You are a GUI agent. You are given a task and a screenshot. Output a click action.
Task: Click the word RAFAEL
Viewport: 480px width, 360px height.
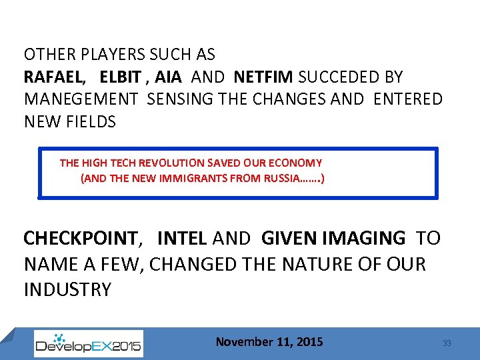click(x=54, y=77)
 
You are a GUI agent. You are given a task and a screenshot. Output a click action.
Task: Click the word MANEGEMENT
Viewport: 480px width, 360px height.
click(x=81, y=99)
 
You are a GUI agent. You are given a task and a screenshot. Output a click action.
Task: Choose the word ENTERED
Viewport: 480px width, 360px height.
click(x=408, y=99)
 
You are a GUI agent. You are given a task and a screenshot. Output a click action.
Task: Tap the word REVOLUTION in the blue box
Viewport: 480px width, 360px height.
click(x=172, y=163)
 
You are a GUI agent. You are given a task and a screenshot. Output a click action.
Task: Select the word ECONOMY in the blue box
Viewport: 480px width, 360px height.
click(x=298, y=163)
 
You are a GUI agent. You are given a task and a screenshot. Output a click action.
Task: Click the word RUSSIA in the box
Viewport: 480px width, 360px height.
click(x=283, y=179)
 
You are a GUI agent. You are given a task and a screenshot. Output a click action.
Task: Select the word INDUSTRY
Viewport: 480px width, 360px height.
click(x=67, y=290)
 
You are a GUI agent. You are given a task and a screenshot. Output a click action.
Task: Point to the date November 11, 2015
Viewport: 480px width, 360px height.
click(x=269, y=342)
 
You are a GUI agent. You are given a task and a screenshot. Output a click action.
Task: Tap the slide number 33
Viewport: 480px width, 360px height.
click(x=447, y=343)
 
